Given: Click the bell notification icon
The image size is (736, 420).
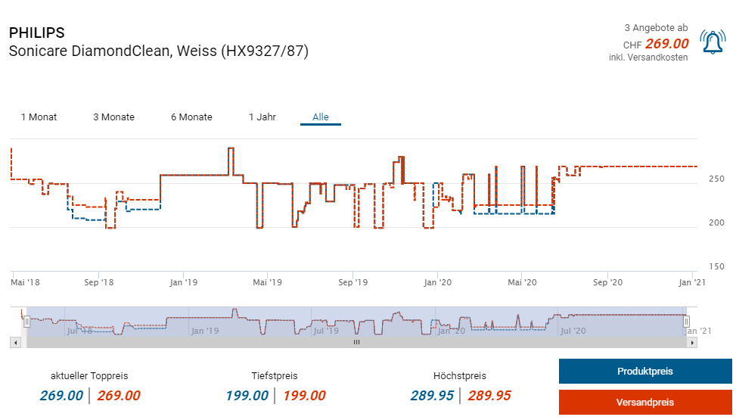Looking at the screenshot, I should [713, 42].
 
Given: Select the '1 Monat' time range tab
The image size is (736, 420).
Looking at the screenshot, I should [39, 117].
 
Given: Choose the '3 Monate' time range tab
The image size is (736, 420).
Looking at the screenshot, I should [113, 117].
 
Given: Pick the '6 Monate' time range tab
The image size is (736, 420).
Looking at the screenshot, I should [191, 117].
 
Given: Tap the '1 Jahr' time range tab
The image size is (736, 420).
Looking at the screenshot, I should [262, 117].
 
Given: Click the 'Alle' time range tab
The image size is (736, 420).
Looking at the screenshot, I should [321, 117].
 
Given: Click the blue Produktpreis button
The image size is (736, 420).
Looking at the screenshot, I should [644, 372].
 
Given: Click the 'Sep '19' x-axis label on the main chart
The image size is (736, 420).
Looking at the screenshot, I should [352, 283].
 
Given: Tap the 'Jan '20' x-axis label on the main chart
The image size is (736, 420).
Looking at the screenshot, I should [438, 283].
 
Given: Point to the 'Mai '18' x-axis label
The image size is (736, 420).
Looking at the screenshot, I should [26, 283].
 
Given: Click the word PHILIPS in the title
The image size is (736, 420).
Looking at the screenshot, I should [36, 33].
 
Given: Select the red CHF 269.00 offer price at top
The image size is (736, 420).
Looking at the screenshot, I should [666, 44].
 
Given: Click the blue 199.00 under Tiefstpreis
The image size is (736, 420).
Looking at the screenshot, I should [247, 396].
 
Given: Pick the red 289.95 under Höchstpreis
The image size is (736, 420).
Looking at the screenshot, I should [489, 396].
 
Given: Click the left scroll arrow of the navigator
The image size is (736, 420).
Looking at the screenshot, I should [15, 342].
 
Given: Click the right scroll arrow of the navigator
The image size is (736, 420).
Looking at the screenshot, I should [692, 342].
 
